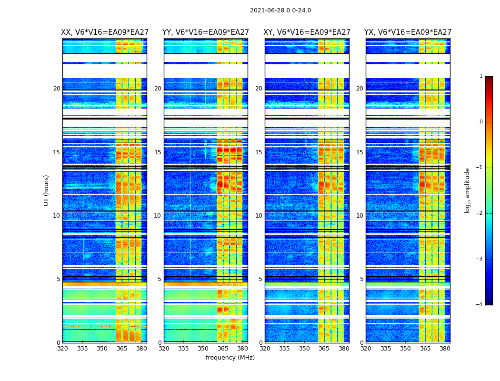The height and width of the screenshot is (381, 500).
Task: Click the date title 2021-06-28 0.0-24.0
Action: (280, 10)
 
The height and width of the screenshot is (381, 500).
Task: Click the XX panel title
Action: (105, 32)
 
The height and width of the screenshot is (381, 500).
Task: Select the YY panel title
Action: (206, 32)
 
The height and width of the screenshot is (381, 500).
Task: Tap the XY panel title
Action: (307, 32)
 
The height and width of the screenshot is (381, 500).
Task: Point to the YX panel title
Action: (408, 32)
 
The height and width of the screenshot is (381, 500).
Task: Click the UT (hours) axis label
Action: (46, 190)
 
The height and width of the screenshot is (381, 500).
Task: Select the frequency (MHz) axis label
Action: (230, 358)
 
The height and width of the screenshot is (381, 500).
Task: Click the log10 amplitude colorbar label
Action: (468, 190)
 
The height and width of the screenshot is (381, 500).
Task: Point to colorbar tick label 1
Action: (480, 76)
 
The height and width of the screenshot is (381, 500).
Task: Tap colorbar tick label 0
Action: (480, 122)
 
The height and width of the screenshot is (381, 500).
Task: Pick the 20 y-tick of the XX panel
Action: (57, 89)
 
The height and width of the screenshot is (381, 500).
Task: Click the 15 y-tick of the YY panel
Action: (158, 152)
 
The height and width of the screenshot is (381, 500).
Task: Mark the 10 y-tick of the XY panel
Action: (259, 216)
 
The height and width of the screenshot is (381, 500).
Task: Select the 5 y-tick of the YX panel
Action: (361, 279)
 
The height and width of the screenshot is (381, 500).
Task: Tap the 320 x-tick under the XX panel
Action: (62, 349)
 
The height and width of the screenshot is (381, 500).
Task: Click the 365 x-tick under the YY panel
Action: (223, 349)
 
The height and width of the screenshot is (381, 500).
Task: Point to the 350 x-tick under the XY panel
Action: (304, 349)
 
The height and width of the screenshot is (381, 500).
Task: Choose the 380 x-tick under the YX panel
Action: (445, 349)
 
